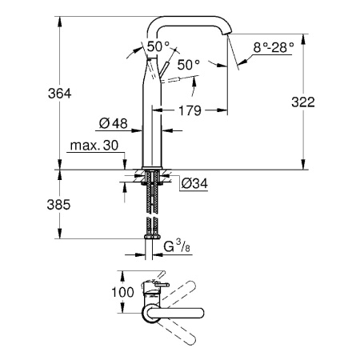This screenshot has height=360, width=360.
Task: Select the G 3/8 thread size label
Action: [x=177, y=247]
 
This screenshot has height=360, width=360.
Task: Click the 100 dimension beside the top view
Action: [x=122, y=293]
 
